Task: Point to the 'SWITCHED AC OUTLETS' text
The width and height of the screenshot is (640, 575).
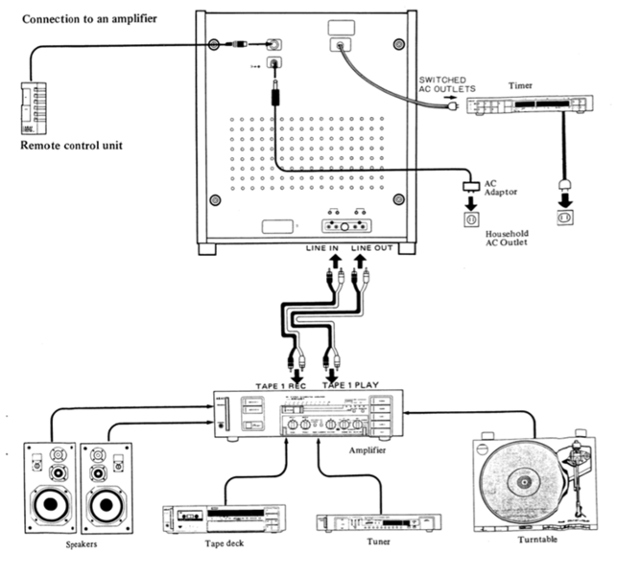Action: pos(449,85)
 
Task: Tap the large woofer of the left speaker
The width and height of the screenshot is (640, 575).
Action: pos(46,507)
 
